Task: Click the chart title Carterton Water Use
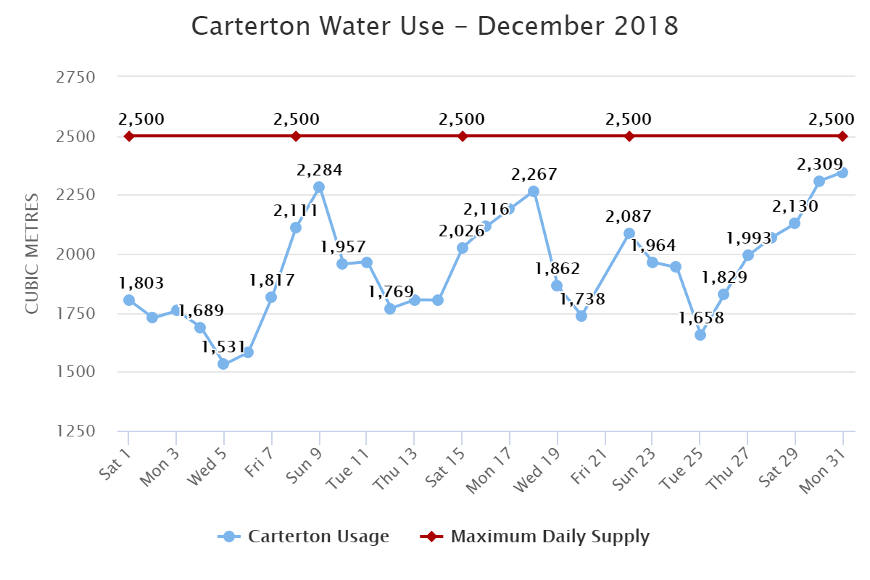[435, 26]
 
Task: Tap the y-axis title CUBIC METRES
[32, 254]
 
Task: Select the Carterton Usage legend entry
[304, 536]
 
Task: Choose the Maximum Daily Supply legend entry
[536, 536]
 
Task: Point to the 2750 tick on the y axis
[75, 77]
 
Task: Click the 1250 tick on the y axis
[75, 431]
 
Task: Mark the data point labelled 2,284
[319, 187]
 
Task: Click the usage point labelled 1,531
[223, 364]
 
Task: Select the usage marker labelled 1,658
[700, 335]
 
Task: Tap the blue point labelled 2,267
[534, 191]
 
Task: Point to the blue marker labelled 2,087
[629, 233]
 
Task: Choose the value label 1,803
[142, 283]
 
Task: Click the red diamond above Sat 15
[463, 136]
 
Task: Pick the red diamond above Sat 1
[129, 136]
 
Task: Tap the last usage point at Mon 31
[842, 173]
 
